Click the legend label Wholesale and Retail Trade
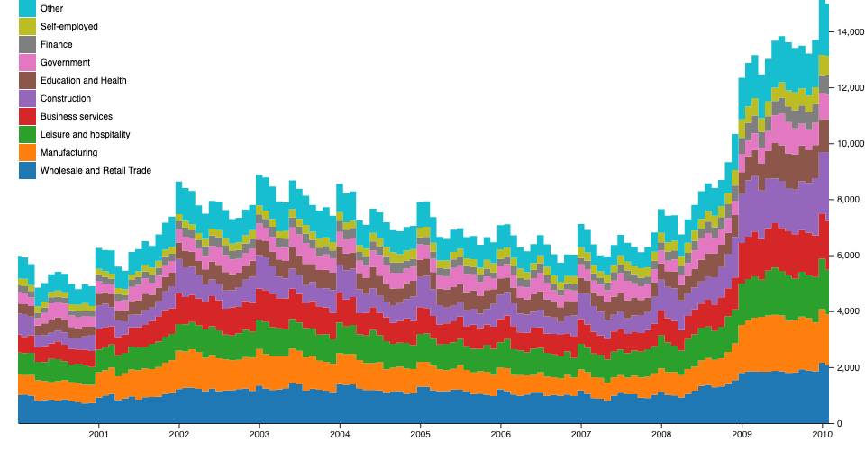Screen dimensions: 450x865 click(96, 170)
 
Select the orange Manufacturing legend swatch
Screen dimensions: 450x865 click(27, 152)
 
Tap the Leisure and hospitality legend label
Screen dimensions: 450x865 click(85, 134)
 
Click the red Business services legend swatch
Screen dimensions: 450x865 click(27, 116)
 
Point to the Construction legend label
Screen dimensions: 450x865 click(66, 98)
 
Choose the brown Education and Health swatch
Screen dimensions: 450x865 click(27, 80)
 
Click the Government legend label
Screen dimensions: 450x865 click(65, 62)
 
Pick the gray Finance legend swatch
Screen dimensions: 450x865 click(27, 44)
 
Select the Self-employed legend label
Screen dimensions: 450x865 click(69, 26)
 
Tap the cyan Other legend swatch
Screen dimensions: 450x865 click(27, 8)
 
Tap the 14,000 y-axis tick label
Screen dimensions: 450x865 click(851, 32)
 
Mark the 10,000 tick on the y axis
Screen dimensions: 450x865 click(851, 144)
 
